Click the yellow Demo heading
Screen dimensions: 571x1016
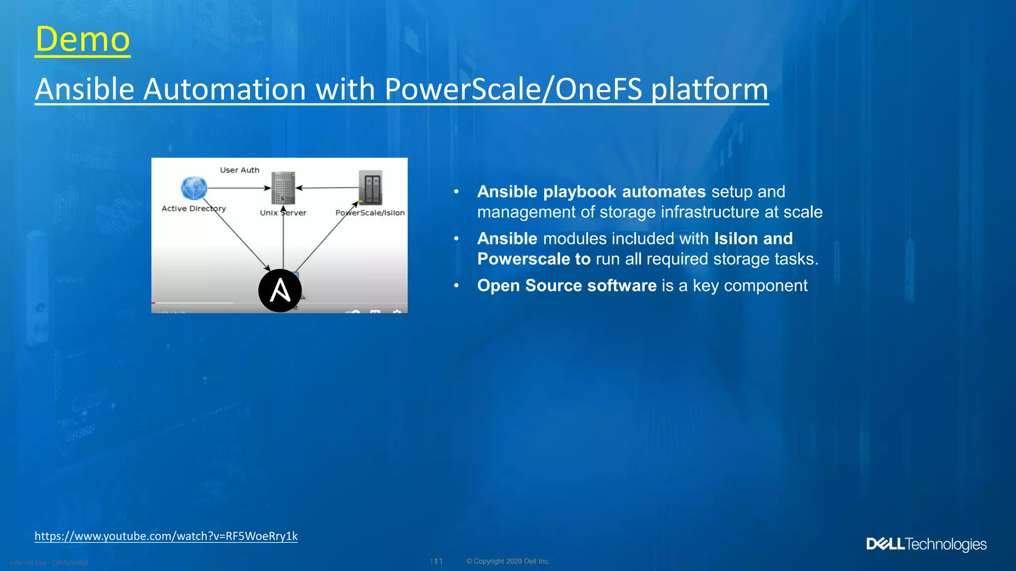[x=82, y=40]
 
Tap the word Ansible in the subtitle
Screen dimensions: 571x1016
[x=85, y=89]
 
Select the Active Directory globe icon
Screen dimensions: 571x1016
[x=194, y=188]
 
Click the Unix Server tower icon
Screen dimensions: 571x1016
[x=283, y=188]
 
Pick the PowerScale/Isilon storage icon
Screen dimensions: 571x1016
[x=371, y=188]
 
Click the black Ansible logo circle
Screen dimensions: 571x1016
[x=280, y=290]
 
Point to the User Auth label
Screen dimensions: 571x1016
[x=240, y=170]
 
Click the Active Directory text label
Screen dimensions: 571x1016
[x=193, y=209]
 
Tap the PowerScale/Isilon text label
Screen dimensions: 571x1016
[x=370, y=213]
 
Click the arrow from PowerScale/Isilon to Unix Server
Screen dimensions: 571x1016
[x=327, y=188]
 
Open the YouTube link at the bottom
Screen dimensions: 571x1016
[x=166, y=536]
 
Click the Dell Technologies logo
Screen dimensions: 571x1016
[x=926, y=544]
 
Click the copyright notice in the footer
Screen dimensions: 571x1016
[x=508, y=561]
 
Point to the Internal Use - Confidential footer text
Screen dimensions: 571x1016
[x=49, y=563]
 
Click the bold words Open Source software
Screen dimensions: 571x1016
[x=567, y=285]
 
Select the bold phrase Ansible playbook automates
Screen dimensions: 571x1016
[x=591, y=191]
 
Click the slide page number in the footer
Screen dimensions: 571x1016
[x=436, y=561]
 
